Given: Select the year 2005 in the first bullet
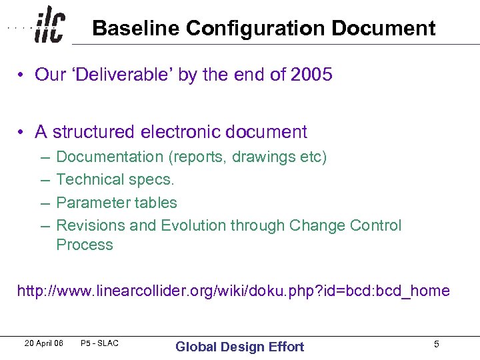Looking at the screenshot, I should click(311, 75).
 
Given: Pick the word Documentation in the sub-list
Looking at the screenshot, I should click(109, 157).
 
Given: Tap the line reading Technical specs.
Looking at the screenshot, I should click(115, 179).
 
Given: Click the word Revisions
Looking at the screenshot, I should click(90, 225).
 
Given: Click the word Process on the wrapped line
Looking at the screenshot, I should click(85, 245).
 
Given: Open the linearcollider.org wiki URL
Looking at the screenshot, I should click(233, 291).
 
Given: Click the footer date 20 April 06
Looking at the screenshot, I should click(43, 343).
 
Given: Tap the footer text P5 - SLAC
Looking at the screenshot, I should click(99, 343).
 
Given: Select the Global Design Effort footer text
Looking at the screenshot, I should click(239, 346).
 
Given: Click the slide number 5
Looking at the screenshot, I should click(436, 344).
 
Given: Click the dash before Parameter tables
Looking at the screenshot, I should click(44, 203).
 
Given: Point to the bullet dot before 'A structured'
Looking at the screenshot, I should click(22, 133).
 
